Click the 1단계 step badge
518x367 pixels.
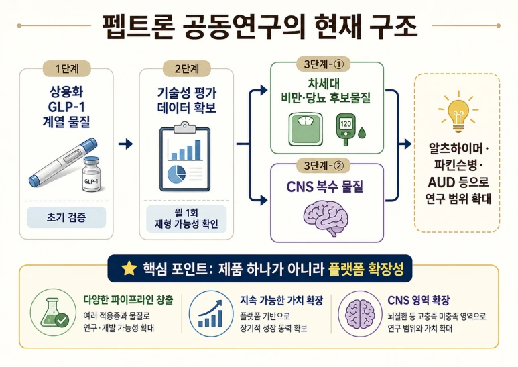(67, 69)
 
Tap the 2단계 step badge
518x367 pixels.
(187, 69)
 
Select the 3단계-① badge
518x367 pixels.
(324, 64)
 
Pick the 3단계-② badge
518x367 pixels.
(324, 165)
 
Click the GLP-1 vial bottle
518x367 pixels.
(91, 174)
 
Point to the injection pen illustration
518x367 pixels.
(63, 162)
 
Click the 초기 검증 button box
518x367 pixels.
(66, 217)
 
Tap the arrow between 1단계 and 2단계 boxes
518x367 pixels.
(125, 144)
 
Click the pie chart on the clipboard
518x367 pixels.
(176, 174)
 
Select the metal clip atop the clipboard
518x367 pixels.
(185, 127)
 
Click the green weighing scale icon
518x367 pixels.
(306, 129)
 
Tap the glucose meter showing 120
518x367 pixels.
(346, 129)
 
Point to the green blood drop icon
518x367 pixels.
(362, 133)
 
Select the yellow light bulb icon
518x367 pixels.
(458, 112)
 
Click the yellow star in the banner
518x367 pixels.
(129, 268)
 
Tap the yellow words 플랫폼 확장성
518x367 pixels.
(366, 269)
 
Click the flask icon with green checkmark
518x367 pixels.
(53, 312)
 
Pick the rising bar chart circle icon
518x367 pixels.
(211, 313)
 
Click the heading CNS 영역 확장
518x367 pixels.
(418, 300)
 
